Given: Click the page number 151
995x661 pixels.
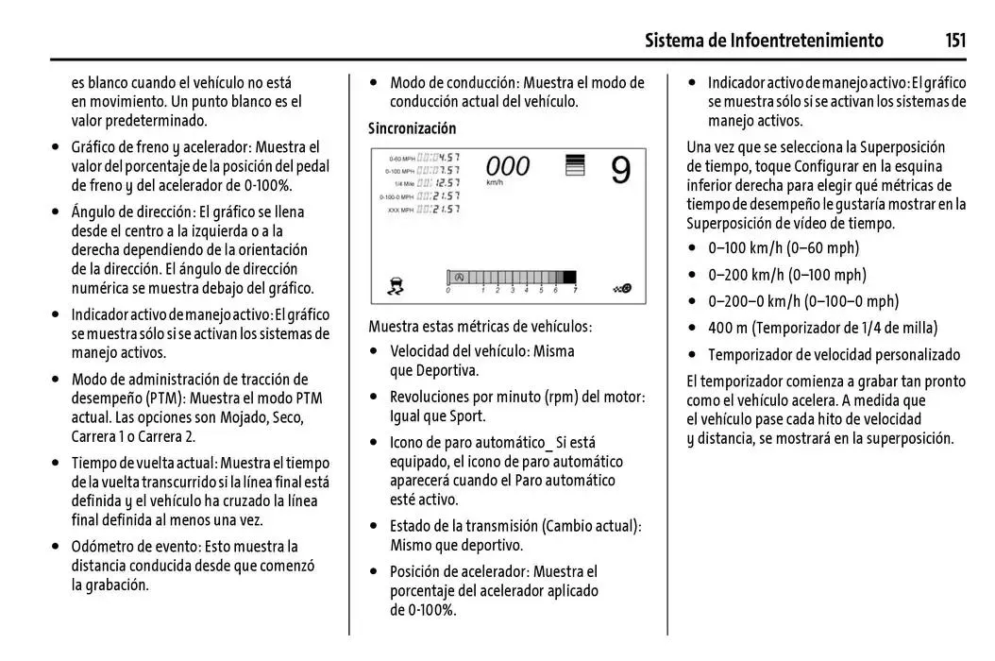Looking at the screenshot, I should click(x=954, y=40).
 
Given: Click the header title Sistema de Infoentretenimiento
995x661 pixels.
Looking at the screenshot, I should click(x=764, y=40).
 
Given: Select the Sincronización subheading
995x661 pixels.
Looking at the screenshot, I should click(x=412, y=128).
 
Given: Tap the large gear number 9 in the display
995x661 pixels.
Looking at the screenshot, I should click(x=620, y=170).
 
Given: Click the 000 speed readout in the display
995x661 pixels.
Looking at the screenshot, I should click(x=507, y=167).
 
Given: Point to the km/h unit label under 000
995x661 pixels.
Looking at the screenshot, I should click(x=494, y=182).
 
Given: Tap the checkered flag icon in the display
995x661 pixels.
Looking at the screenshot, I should click(x=622, y=287).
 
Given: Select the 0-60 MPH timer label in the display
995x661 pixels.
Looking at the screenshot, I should click(x=401, y=158).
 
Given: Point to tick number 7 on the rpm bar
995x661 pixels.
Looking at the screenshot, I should click(x=575, y=291).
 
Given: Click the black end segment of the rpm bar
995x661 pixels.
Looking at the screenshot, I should click(x=568, y=278).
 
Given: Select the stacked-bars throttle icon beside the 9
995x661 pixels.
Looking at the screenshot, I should click(x=574, y=167).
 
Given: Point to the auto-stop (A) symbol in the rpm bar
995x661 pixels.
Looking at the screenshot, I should click(x=459, y=278).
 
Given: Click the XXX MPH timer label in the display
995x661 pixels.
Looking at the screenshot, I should click(x=400, y=210).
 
